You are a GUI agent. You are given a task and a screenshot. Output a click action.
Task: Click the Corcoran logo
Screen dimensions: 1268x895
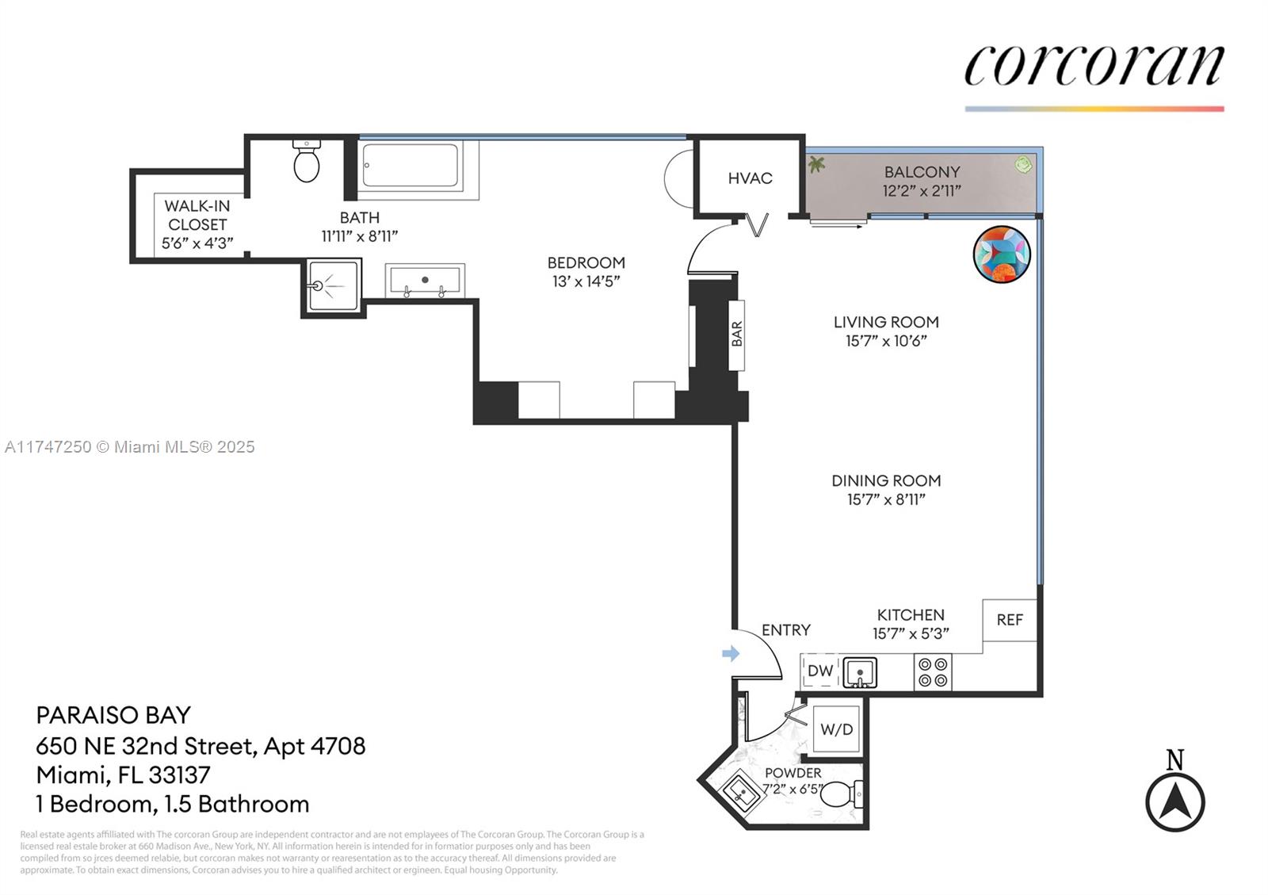click(1094, 67)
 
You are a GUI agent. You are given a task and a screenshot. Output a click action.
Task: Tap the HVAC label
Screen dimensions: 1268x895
click(750, 178)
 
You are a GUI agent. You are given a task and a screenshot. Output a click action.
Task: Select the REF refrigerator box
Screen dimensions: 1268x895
click(1010, 620)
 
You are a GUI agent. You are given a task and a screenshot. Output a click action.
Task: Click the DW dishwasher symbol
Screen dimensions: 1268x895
click(819, 671)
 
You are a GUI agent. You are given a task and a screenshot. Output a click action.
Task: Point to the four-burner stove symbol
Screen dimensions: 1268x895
click(933, 672)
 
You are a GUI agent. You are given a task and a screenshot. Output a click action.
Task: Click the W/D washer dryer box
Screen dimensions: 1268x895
click(836, 729)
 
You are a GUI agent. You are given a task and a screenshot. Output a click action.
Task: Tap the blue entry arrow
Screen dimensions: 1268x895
click(731, 654)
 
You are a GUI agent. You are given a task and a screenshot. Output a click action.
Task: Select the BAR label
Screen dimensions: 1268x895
click(736, 334)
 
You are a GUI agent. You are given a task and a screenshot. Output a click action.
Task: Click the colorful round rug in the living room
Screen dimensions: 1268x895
click(1002, 254)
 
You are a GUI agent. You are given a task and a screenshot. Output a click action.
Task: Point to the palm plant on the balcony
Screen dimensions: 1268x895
click(816, 165)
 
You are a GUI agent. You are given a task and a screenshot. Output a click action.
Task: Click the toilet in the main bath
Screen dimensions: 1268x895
click(306, 162)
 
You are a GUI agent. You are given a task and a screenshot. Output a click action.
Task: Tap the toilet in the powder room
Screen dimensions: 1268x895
click(842, 794)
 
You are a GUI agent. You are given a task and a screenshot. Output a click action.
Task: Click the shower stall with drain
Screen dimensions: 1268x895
click(333, 286)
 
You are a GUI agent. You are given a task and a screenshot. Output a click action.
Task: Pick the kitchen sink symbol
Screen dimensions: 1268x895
click(860, 672)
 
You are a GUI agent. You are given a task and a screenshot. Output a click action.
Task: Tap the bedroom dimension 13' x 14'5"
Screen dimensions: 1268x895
click(586, 281)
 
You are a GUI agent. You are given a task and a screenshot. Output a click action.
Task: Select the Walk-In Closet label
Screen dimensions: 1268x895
click(197, 215)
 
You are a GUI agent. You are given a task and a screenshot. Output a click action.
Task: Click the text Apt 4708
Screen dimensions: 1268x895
click(315, 747)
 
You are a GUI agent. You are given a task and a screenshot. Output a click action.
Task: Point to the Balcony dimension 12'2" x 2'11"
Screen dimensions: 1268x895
click(922, 191)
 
